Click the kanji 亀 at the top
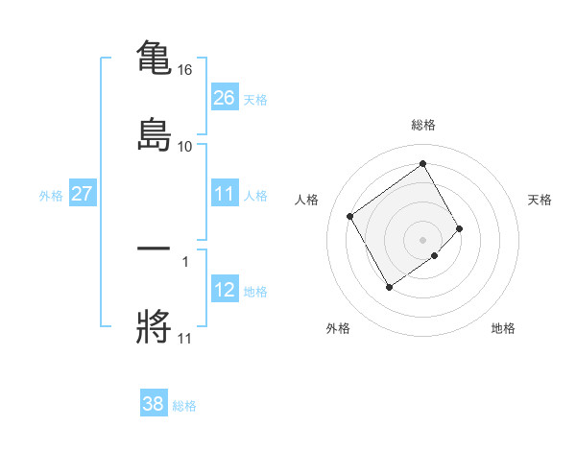click(x=154, y=57)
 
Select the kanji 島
click(x=154, y=133)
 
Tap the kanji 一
click(x=154, y=249)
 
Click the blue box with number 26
click(x=225, y=98)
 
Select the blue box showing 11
click(x=225, y=195)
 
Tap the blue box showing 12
click(x=225, y=291)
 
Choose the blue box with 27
click(x=83, y=195)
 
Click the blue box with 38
click(x=154, y=404)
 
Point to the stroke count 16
click(x=185, y=70)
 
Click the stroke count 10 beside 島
click(x=185, y=146)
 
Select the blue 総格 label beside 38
click(x=184, y=406)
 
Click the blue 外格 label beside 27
click(x=51, y=196)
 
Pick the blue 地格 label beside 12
click(x=255, y=292)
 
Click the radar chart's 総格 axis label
click(x=423, y=125)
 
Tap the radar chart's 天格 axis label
click(x=540, y=200)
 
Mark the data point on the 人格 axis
click(x=350, y=217)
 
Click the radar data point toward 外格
click(x=389, y=287)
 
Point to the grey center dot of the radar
click(x=423, y=238)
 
